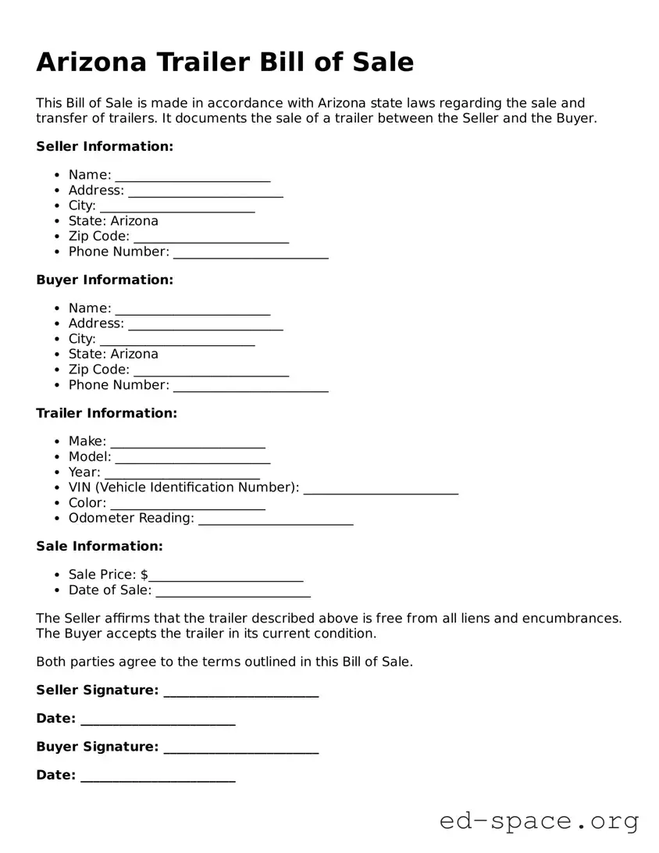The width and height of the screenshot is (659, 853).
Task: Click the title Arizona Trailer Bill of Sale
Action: click(225, 62)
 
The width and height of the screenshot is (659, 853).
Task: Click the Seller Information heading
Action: click(105, 147)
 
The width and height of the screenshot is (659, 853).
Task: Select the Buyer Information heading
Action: click(105, 280)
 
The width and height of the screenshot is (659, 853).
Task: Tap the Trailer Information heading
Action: click(106, 413)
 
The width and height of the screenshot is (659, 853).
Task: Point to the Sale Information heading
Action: click(99, 546)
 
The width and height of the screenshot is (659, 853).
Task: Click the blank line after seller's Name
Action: click(192, 177)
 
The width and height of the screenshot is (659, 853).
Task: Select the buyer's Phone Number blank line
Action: click(251, 387)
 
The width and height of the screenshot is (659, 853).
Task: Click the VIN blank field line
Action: click(380, 489)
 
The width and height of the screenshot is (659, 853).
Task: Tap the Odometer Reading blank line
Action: click(276, 519)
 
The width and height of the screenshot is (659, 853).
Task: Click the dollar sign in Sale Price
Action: click(144, 575)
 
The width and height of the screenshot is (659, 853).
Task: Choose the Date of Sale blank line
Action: click(233, 592)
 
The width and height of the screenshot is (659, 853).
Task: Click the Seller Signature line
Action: click(240, 692)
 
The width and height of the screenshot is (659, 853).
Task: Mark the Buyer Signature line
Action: click(240, 748)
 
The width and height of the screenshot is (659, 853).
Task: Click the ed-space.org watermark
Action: click(539, 821)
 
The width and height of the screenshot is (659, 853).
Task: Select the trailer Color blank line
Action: click(187, 505)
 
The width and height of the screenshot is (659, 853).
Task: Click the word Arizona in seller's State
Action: click(134, 221)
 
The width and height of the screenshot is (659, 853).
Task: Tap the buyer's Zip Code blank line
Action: click(211, 371)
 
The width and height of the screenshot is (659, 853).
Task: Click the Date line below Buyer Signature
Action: click(158, 776)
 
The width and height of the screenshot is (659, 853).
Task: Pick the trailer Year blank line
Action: click(182, 473)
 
